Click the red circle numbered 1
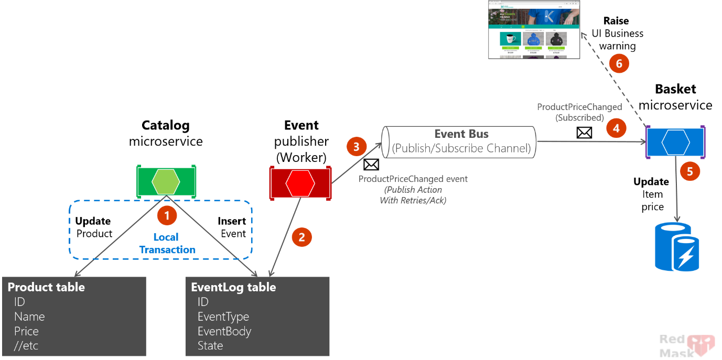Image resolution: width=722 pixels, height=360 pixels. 167,215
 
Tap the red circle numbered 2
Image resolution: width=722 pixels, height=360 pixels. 301,237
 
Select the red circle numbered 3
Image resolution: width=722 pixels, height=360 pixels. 357,146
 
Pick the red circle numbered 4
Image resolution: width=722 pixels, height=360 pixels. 616,127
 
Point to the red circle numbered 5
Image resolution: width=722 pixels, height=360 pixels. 689,171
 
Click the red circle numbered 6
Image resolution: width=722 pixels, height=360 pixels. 619,63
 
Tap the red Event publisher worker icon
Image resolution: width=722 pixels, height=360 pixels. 300,183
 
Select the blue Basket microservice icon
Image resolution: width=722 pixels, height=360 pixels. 675,141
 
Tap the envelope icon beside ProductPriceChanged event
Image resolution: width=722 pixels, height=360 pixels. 371,165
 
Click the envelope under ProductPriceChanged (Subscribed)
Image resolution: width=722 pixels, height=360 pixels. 584,133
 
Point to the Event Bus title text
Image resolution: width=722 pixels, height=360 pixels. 461,134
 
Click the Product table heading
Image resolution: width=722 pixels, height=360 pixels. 46,287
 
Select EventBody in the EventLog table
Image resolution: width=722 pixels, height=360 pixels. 224,331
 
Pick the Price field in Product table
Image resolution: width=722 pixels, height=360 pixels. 26,331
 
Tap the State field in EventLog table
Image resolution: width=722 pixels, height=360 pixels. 210,346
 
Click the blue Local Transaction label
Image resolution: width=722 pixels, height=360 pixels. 167,244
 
